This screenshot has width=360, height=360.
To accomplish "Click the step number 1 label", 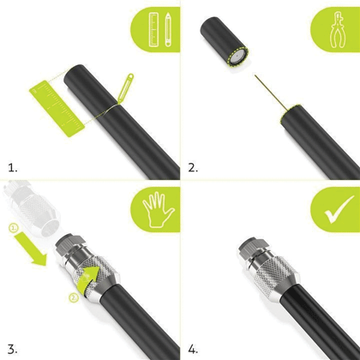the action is coord(13,168).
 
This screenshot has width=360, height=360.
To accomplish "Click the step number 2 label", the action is coord(193,168).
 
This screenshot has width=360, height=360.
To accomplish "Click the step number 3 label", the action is coord(13,349).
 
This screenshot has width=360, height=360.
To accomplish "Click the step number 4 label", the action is coord(193,349).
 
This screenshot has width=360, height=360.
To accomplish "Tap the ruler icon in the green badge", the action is coord(153,30).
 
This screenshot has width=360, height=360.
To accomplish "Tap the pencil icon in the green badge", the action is coord(168,29).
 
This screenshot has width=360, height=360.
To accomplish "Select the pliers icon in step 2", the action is coord(338,29).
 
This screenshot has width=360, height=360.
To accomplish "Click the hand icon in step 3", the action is coord(158,210).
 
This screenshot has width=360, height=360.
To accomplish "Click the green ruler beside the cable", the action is coord(57,109).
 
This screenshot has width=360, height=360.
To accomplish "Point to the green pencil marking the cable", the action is coord(125,87).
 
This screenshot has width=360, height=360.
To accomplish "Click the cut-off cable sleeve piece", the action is coord(224,42).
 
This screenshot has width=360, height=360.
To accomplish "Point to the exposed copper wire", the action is coord(271,93).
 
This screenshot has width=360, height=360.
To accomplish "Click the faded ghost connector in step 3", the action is coord(32,207).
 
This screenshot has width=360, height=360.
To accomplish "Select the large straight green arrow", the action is coord(31,248).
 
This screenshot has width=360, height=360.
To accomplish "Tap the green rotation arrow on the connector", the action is coord(89,279).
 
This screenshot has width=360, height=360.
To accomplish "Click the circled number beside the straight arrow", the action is coord(14,228).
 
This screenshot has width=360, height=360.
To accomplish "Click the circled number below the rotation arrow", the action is coord(74,298).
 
